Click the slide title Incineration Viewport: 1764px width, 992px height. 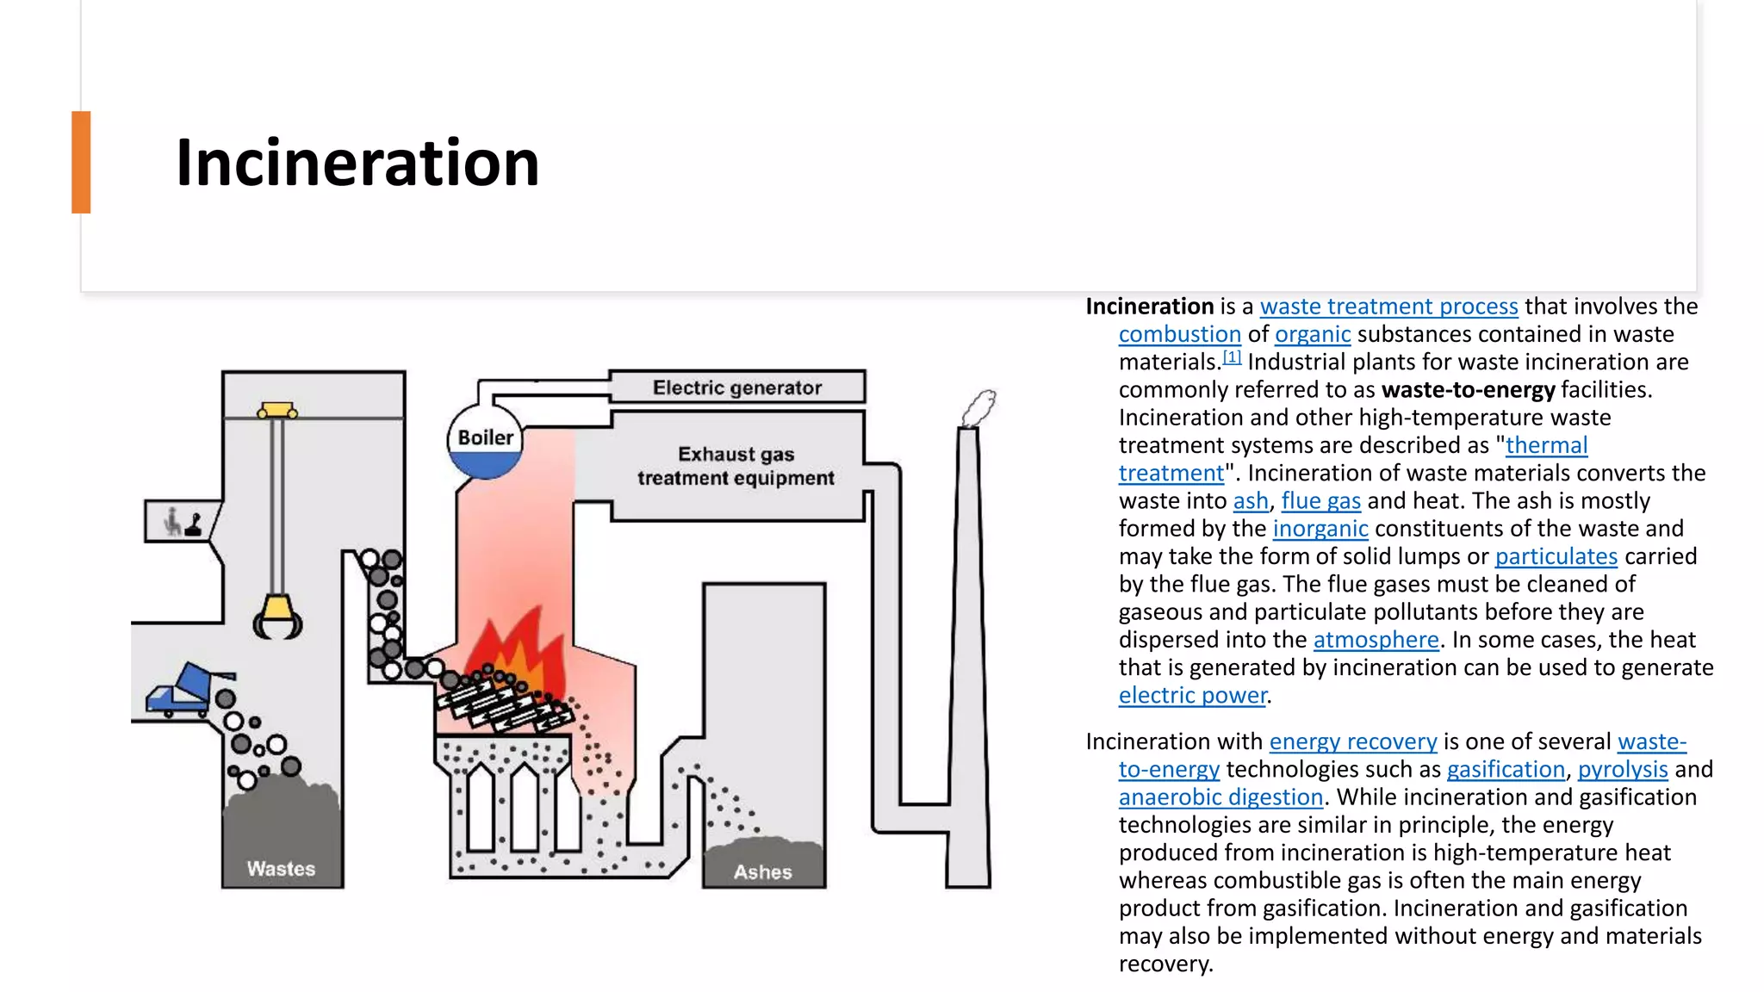[x=357, y=163]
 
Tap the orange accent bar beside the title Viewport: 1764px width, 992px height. [x=81, y=162]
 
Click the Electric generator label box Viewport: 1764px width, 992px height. [x=737, y=387]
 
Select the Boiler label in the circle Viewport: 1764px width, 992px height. [x=486, y=437]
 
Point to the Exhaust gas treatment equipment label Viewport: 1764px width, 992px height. [x=736, y=466]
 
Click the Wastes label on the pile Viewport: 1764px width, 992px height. [x=281, y=869]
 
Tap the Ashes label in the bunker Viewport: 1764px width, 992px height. [x=763, y=872]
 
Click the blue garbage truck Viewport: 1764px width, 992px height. [x=190, y=689]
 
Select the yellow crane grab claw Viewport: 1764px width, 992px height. [x=277, y=617]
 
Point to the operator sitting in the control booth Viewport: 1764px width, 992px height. [x=173, y=522]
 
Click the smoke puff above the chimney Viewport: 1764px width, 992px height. [x=979, y=407]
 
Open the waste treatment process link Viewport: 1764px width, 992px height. [x=1389, y=307]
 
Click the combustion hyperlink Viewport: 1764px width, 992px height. [x=1180, y=334]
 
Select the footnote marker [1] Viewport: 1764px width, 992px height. [x=1233, y=356]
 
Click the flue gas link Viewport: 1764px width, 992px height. [x=1321, y=501]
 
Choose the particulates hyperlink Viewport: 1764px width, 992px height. [x=1556, y=556]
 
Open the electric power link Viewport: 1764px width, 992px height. [x=1193, y=695]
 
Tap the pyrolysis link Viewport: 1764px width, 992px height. [x=1623, y=769]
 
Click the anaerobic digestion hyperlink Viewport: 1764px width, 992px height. [x=1221, y=797]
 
